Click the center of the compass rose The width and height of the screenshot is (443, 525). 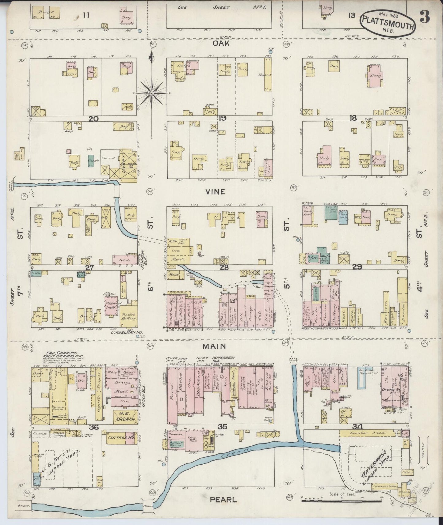[x=151, y=93]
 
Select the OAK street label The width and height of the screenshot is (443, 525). [x=221, y=44]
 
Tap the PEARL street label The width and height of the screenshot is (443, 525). [x=223, y=500]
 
